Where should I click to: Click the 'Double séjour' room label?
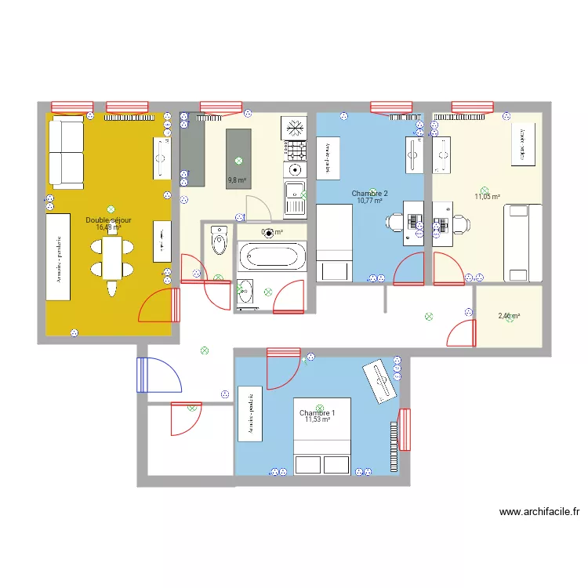pos(108,220)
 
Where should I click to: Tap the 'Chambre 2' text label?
pos(369,193)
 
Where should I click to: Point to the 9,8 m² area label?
pos(237,180)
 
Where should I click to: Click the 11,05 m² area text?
pos(487,197)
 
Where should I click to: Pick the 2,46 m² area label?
pos(510,316)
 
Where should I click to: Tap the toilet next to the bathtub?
pos(219,238)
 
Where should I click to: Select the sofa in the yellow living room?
pos(66,153)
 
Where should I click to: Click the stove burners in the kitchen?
pos(296,150)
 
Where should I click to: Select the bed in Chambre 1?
pos(322,437)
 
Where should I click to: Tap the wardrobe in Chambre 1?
pos(250,413)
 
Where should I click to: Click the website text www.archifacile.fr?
pos(539,513)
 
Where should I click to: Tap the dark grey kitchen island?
pos(238,157)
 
